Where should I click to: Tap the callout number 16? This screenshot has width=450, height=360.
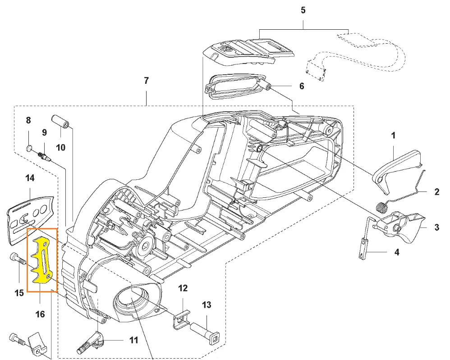point(40,314)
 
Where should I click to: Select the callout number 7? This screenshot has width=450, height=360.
point(146,81)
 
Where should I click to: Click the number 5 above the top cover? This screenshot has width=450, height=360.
point(303,10)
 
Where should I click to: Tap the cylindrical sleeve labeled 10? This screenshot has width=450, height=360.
point(61,121)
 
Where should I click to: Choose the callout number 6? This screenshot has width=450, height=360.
point(302,87)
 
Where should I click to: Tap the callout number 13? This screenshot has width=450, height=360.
point(206,305)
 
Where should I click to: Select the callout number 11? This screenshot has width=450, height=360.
point(134,340)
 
